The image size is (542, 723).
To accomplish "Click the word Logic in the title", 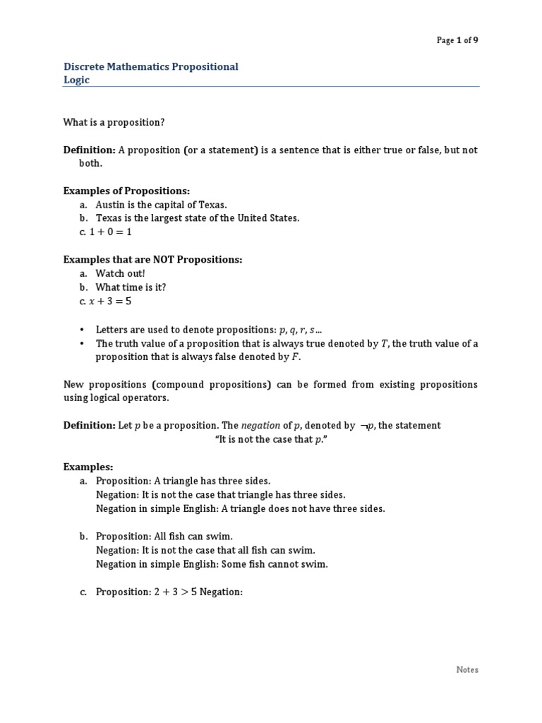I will (76, 80).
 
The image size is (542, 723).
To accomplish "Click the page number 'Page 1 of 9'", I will (457, 40).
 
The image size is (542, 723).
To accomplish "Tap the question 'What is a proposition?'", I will (114, 122).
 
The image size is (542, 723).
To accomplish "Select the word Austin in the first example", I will (109, 205).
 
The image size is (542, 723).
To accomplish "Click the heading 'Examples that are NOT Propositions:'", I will (152, 260).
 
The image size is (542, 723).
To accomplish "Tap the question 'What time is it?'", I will (131, 287).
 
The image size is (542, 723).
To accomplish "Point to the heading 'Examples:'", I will (88, 467).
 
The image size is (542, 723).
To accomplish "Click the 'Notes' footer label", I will (467, 669).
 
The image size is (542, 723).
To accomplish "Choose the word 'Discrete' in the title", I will (83, 67).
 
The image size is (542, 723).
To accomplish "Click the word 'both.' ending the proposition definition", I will (90, 163).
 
